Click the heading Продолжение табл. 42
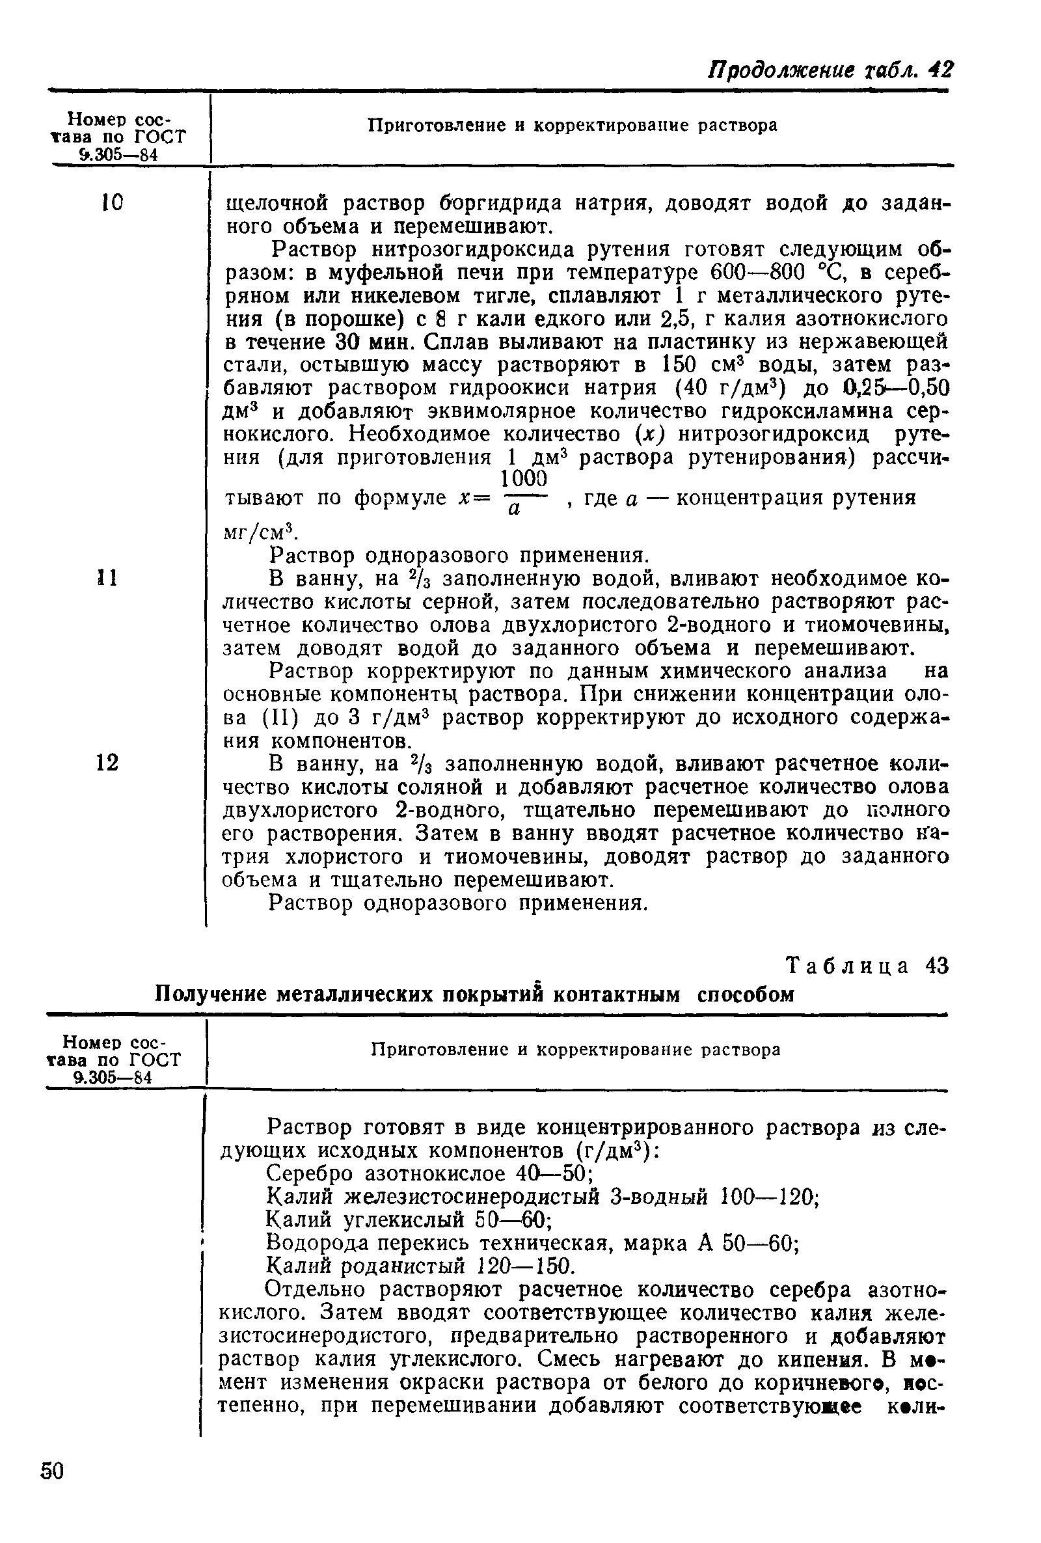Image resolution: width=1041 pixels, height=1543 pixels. (x=832, y=70)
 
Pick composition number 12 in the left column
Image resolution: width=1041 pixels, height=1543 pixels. (x=107, y=763)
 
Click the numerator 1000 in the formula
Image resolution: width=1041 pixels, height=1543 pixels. (x=522, y=480)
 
